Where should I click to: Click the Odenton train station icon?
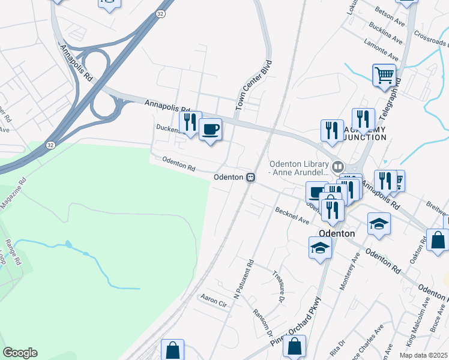tap(250, 177)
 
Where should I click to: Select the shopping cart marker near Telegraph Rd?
tap(384, 76)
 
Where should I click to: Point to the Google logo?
tap(20, 353)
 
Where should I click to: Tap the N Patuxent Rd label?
tap(244, 279)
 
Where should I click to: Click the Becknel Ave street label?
tap(292, 215)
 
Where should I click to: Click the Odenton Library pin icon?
tap(337, 166)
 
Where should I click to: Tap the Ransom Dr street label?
tap(264, 325)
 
